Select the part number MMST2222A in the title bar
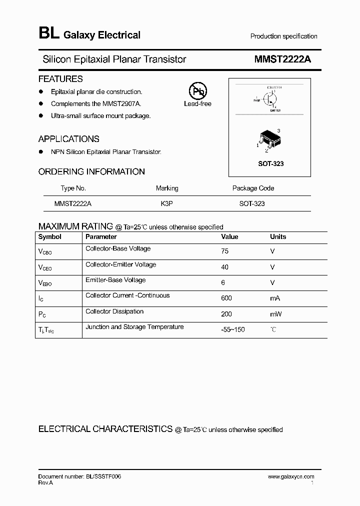[282, 59]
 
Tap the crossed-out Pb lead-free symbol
[197, 91]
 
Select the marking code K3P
[167, 204]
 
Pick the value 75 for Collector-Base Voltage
[224, 251]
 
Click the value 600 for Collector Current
[226, 298]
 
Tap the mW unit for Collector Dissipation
[275, 314]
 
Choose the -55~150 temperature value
[232, 329]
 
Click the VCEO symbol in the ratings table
[45, 267]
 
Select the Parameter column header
[101, 236]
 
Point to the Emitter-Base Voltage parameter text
[115, 280]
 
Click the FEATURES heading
[60, 79]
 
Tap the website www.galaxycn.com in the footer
[291, 476]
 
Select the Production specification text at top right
[283, 36]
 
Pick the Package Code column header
[253, 188]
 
